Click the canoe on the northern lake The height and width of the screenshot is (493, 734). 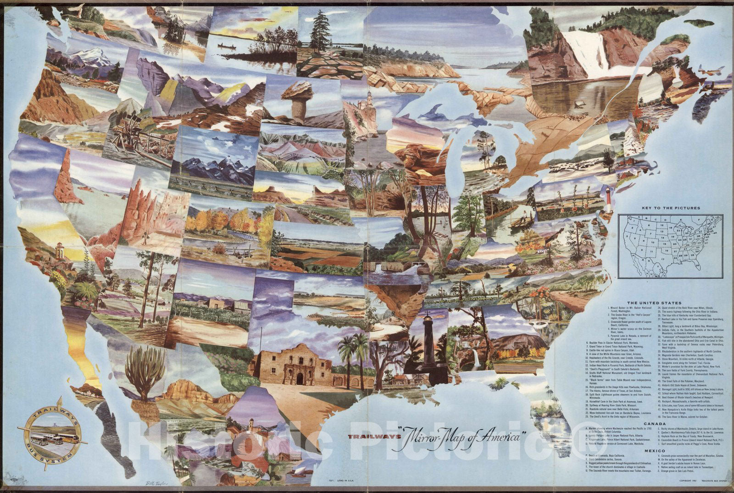pyautogui.click(x=223, y=47)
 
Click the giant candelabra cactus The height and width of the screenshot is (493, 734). pyautogui.click(x=145, y=371)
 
